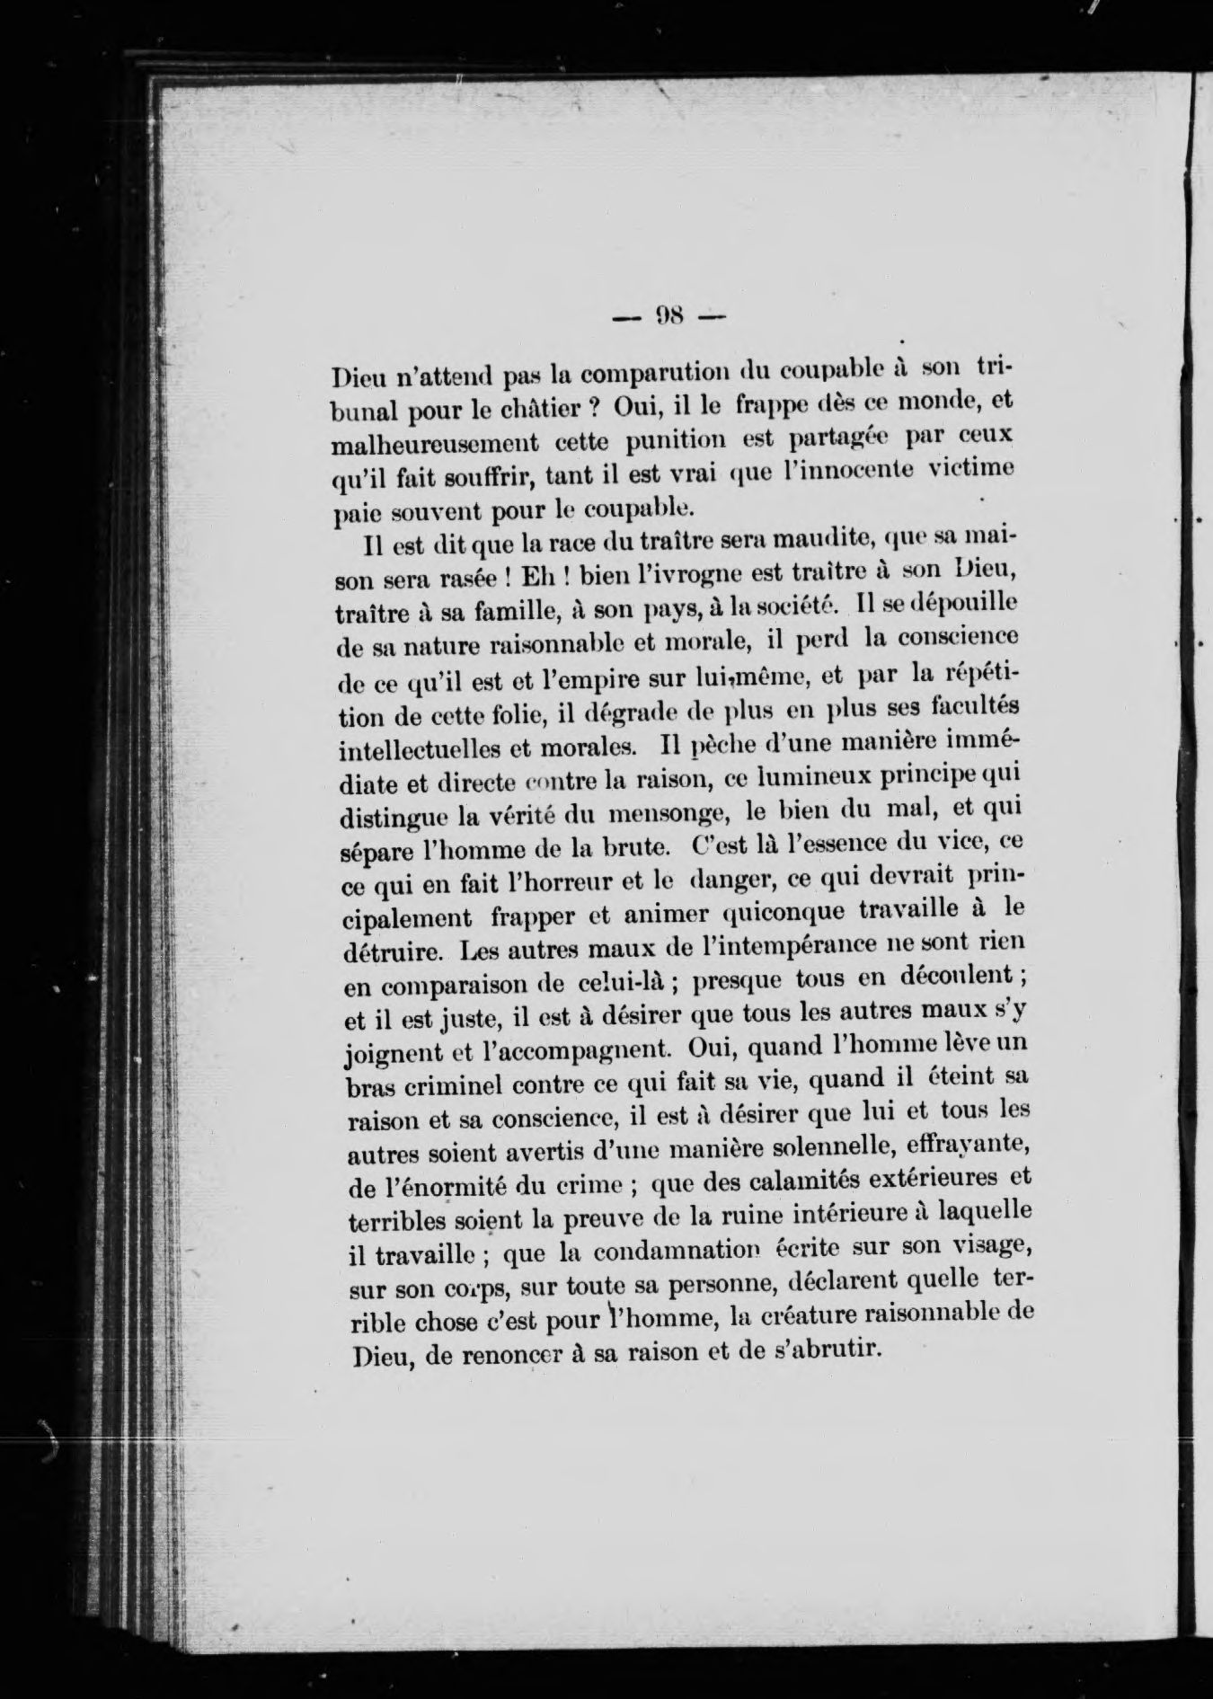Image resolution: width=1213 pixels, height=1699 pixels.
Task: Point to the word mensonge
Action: (660, 814)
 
